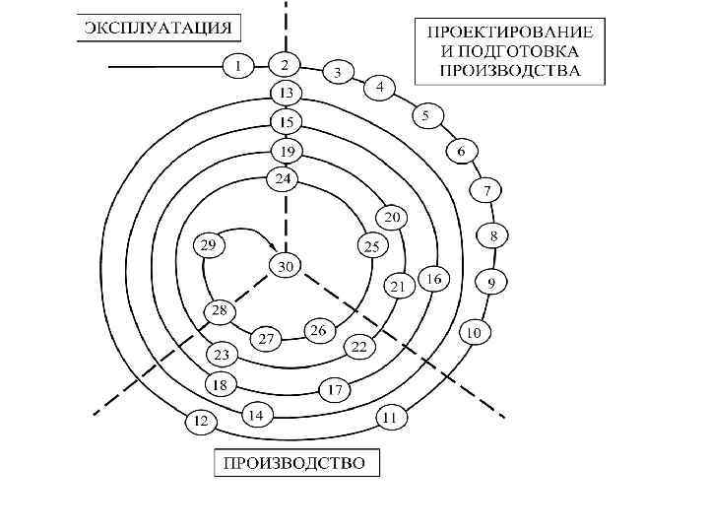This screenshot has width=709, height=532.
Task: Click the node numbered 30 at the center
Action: coord(286,266)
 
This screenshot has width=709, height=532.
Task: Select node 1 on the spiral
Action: coord(237,66)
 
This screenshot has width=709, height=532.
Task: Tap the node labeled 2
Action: coord(285,66)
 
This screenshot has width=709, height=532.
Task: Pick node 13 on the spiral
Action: coord(286,94)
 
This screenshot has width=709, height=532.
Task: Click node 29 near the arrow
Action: coord(209,245)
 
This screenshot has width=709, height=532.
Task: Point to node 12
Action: coord(201,422)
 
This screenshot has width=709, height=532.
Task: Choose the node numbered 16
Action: coord(433,279)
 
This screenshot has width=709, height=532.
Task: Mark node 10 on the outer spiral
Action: coord(474,333)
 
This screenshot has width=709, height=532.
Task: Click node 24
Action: coord(283,179)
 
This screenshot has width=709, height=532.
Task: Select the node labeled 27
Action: coord(266,338)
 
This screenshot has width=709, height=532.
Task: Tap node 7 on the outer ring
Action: coord(486,188)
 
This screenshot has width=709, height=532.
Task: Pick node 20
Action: coord(393,217)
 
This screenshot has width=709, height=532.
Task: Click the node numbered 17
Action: coord(335,390)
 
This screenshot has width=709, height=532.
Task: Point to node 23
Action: coord(221,354)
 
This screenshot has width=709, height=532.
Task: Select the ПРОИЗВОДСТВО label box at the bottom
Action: coord(296,462)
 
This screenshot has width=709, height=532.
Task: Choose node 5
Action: coord(426,115)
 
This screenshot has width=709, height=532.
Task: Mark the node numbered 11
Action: coord(391,418)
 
